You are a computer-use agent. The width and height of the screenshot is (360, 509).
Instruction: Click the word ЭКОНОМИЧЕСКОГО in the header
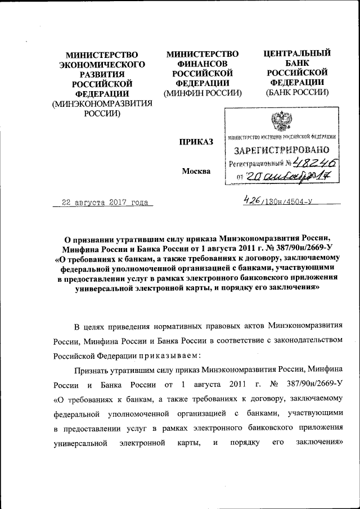click(x=102, y=65)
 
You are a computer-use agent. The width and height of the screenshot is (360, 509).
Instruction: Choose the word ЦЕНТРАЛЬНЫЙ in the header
click(x=298, y=54)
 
